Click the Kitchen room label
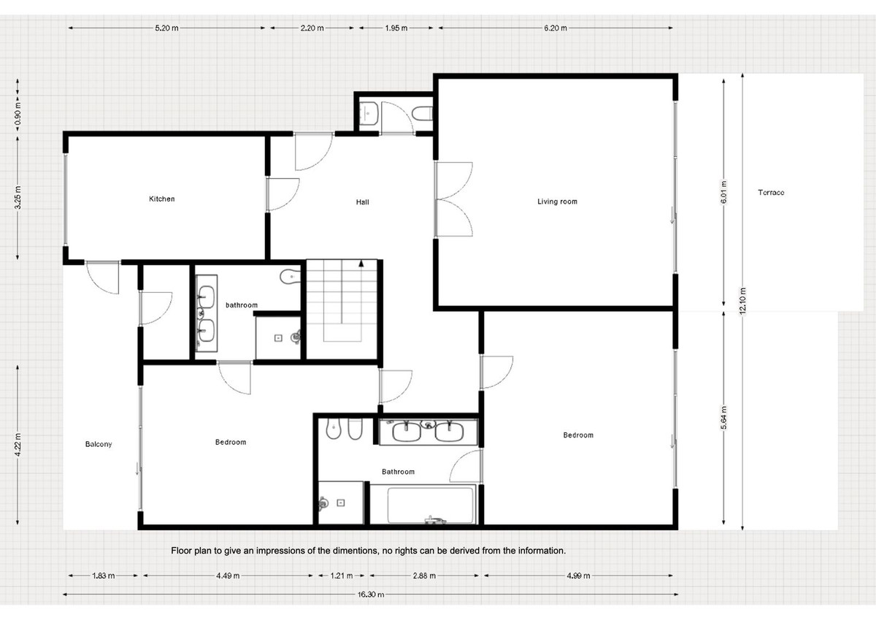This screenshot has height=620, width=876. [161, 199]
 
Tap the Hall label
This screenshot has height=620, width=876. [362, 202]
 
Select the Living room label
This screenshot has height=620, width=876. [557, 202]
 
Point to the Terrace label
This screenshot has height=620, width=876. [771, 193]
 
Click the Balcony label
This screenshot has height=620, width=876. [99, 444]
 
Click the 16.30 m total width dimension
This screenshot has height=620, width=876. [371, 594]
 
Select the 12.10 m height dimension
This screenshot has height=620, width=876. [742, 300]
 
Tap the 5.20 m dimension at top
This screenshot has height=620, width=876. [166, 28]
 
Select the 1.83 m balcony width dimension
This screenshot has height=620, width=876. [103, 575]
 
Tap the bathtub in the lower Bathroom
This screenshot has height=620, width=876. [429, 505]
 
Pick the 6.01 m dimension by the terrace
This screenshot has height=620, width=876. [723, 193]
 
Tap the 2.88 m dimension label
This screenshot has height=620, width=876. [423, 575]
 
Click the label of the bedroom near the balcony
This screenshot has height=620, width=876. [230, 443]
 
